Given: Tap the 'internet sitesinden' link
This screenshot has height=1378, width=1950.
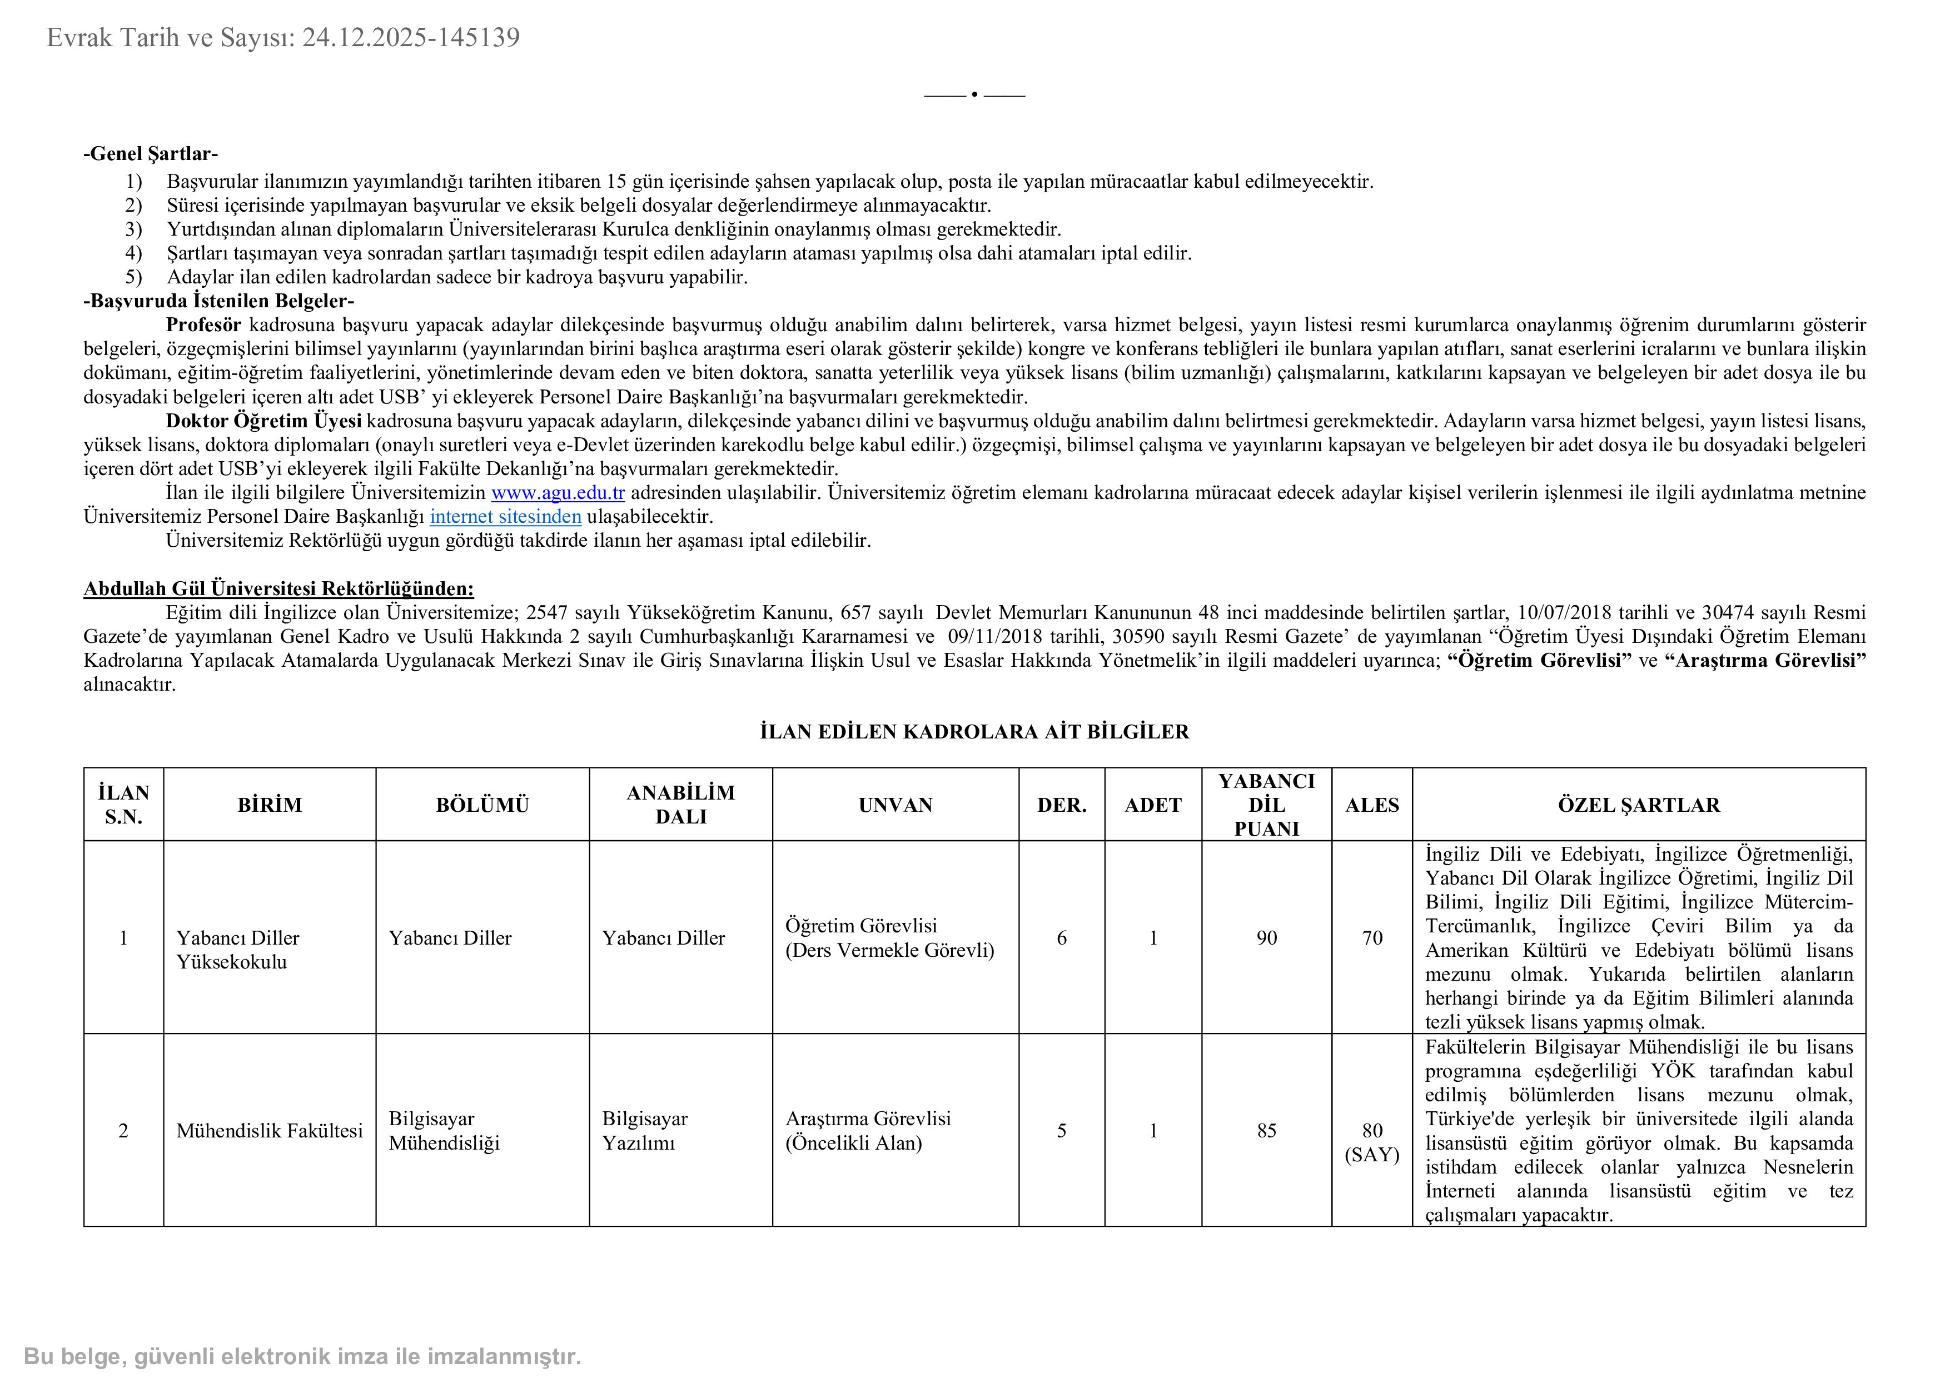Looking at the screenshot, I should coord(505,516).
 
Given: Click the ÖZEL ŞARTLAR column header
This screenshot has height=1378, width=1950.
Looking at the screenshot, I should coord(1638,805).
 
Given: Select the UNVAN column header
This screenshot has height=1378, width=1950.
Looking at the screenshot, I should coord(895,805).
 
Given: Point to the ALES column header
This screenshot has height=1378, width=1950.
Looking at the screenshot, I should coord(1372,805).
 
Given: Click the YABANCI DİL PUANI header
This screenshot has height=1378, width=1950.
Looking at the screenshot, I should coord(1266,805).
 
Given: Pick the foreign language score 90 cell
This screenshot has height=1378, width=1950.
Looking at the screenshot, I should coord(1266,937).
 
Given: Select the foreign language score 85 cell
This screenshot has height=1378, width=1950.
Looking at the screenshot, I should coord(1266,1130).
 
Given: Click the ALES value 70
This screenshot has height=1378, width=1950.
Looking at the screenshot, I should coord(1372,937).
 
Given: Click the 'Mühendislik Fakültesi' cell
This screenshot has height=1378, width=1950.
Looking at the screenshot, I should coord(269,1130).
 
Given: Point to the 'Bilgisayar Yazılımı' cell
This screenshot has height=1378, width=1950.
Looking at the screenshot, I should coord(645,1130).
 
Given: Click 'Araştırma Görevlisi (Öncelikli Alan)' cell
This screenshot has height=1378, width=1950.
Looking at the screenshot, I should coord(867,1130).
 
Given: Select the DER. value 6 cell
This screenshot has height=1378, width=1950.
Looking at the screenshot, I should coord(1062,937).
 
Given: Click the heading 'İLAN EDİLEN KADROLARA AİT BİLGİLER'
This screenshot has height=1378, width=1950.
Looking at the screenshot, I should coord(974,732).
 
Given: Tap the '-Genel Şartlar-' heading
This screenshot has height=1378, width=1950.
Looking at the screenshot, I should coord(150,154).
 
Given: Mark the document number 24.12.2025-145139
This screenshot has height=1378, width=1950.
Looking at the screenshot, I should coord(411,37).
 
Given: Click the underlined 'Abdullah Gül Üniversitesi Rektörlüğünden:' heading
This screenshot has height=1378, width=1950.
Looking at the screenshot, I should coord(278,588).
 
